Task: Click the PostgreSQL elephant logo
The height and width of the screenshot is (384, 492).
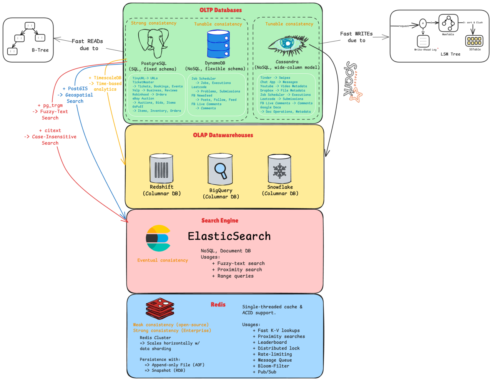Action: [153, 43]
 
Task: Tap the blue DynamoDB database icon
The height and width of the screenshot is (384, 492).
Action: [218, 44]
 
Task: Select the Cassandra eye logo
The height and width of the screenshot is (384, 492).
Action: [288, 46]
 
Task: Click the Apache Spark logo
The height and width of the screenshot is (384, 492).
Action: [352, 82]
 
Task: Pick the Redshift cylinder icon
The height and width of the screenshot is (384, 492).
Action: [161, 168]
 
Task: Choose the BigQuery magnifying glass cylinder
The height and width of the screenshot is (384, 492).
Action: [220, 169]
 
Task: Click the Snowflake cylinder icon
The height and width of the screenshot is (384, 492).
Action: [279, 169]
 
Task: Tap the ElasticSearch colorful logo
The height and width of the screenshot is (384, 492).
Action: [158, 238]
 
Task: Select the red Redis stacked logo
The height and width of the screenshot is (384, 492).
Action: [160, 308]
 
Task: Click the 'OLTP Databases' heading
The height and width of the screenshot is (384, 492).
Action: [221, 10]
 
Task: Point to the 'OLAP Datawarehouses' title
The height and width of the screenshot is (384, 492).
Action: [223, 135]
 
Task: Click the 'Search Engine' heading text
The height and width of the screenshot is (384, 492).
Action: [220, 220]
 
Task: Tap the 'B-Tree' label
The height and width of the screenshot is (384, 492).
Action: [40, 50]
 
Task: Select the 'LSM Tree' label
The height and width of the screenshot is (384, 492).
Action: [450, 54]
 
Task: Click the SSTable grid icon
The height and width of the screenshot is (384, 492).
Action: [474, 40]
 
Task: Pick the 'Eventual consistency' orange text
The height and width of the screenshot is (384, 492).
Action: [163, 260]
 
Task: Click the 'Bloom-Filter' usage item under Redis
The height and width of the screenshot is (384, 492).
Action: [273, 366]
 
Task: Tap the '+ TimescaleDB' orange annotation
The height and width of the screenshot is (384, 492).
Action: [105, 78]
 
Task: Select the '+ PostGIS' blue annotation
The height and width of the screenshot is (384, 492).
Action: [75, 89]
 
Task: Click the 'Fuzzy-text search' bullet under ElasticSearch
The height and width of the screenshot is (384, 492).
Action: [241, 263]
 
